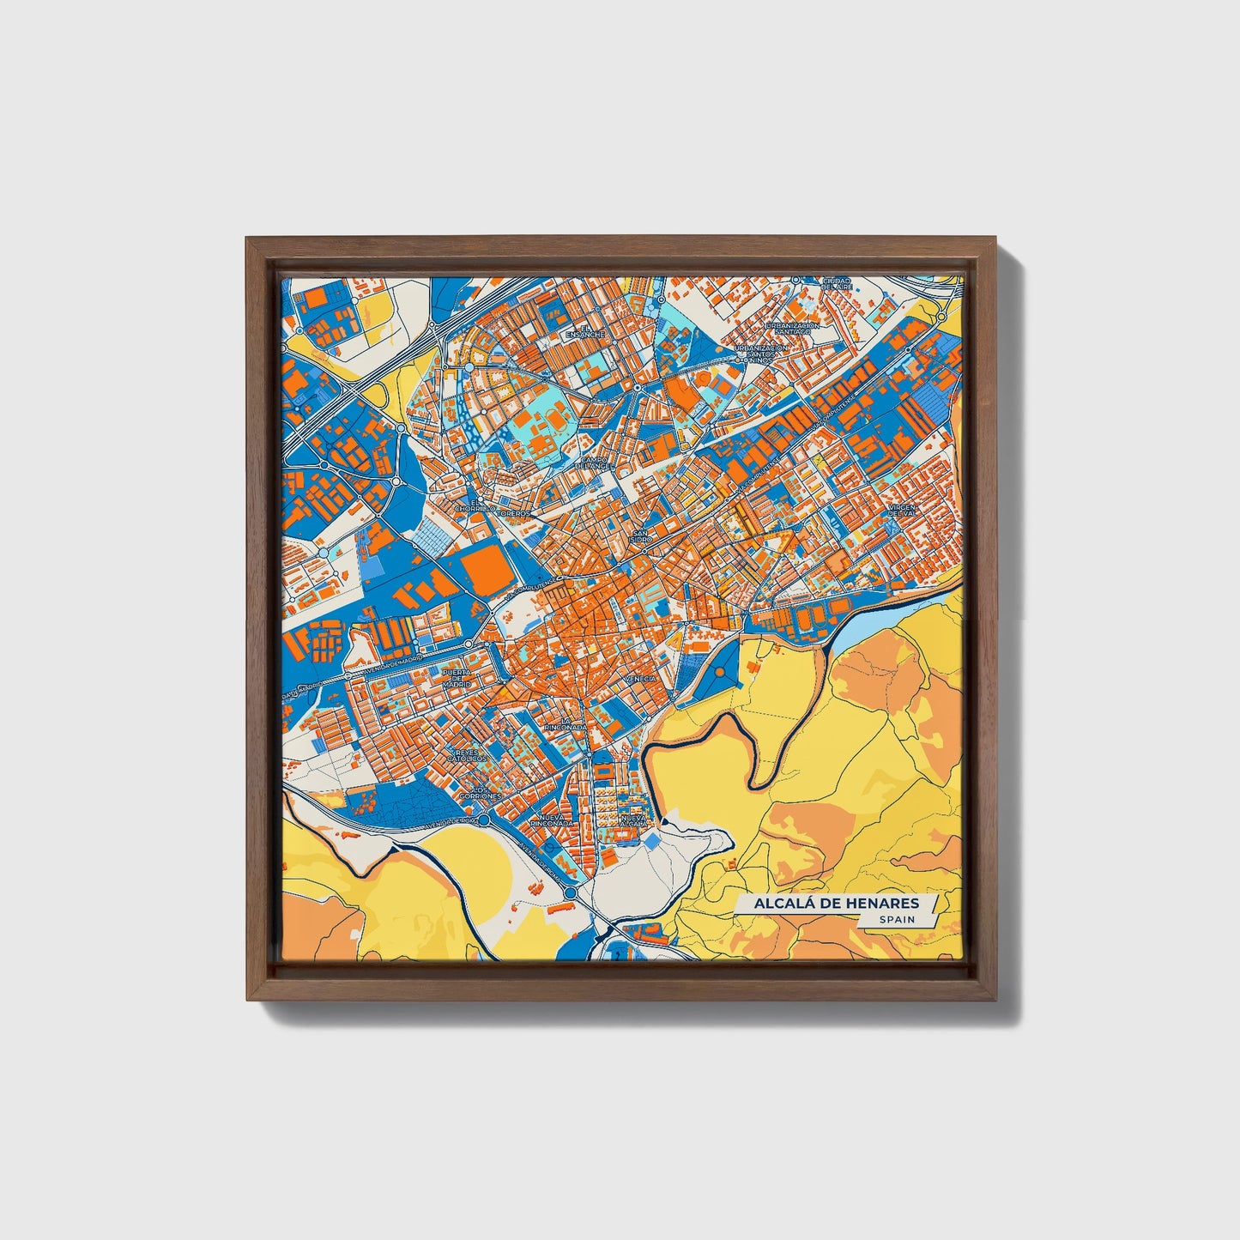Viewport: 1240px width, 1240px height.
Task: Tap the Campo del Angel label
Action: pyautogui.click(x=594, y=463)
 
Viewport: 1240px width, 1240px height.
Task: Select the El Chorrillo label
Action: pyautogui.click(x=476, y=506)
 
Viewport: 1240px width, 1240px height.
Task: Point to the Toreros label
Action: pyautogui.click(x=518, y=513)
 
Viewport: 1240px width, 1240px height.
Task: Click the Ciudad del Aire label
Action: pyautogui.click(x=836, y=282)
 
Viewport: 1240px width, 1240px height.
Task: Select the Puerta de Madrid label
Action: pyautogui.click(x=457, y=678)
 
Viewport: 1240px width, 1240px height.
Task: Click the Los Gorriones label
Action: pyautogui.click(x=480, y=793)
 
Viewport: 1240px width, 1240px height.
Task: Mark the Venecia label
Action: pyautogui.click(x=640, y=678)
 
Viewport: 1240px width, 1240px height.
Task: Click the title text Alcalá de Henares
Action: pyautogui.click(x=836, y=903)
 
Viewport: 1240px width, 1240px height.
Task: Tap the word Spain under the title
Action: pyautogui.click(x=896, y=919)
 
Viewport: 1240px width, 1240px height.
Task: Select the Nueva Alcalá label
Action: pyautogui.click(x=632, y=821)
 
